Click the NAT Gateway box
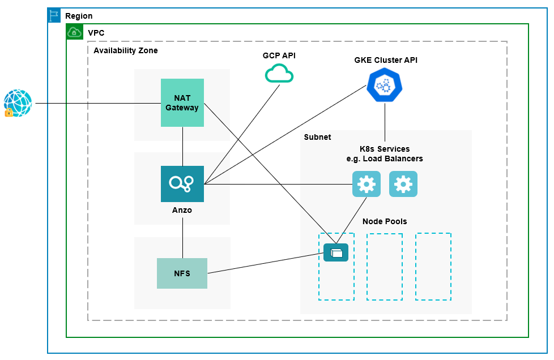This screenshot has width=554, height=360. pyautogui.click(x=182, y=102)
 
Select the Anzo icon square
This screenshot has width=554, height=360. pyautogui.click(x=182, y=184)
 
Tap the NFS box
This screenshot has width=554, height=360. pyautogui.click(x=182, y=273)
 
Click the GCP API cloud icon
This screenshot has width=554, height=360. pyautogui.click(x=279, y=74)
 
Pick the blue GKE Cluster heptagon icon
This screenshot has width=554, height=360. pyautogui.click(x=385, y=85)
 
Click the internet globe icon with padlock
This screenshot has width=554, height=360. pyautogui.click(x=18, y=104)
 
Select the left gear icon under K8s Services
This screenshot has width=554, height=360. pyautogui.click(x=367, y=184)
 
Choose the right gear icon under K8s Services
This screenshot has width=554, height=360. pyautogui.click(x=403, y=184)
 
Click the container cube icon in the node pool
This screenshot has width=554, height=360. pyautogui.click(x=336, y=252)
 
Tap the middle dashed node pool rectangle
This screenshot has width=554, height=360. pyautogui.click(x=385, y=267)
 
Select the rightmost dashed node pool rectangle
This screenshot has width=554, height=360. pyautogui.click(x=433, y=267)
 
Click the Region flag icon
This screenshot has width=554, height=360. pyautogui.click(x=54, y=16)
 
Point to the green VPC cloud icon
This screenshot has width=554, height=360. pyautogui.click(x=74, y=32)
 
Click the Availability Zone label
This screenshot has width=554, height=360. pyautogui.click(x=126, y=50)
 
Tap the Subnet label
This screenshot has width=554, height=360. pyautogui.click(x=317, y=137)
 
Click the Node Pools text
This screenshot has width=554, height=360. pyautogui.click(x=385, y=221)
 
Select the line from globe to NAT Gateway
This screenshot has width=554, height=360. pyautogui.click(x=96, y=104)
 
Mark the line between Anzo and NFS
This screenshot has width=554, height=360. pyautogui.click(x=182, y=238)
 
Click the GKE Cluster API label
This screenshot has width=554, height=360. pyautogui.click(x=386, y=60)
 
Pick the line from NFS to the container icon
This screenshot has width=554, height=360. pyautogui.click(x=263, y=263)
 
